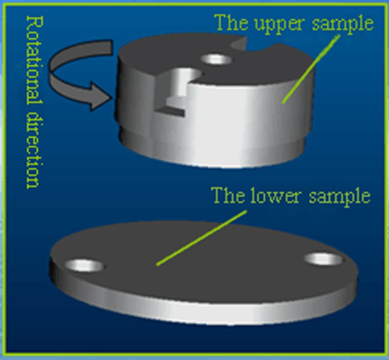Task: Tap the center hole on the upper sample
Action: tap(217, 60)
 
